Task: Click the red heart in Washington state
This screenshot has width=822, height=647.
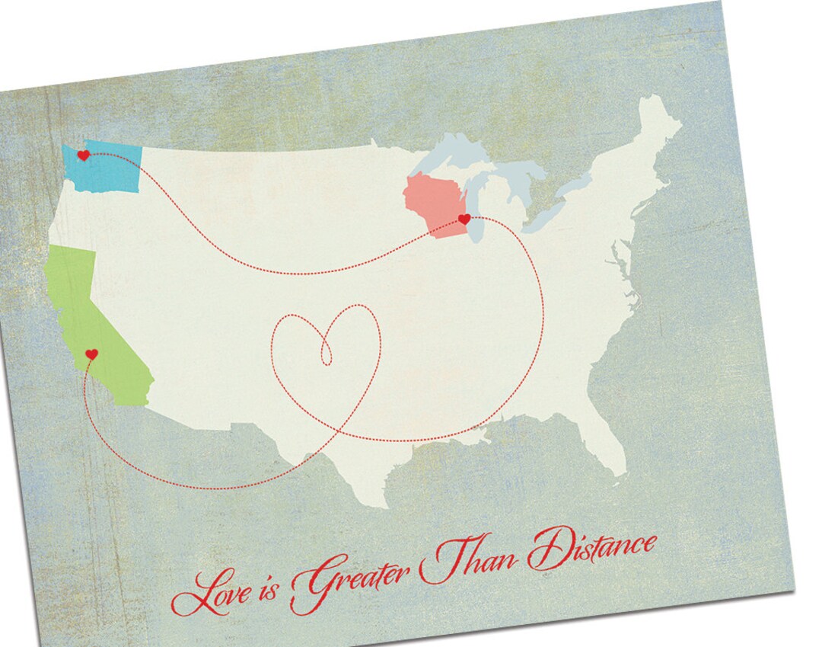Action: [x=83, y=155]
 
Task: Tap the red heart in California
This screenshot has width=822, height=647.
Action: [x=91, y=354]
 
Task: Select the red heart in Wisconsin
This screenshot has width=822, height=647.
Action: [x=464, y=219]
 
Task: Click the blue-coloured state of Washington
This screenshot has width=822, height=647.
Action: [x=114, y=168]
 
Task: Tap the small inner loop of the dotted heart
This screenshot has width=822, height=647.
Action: [x=327, y=351]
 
